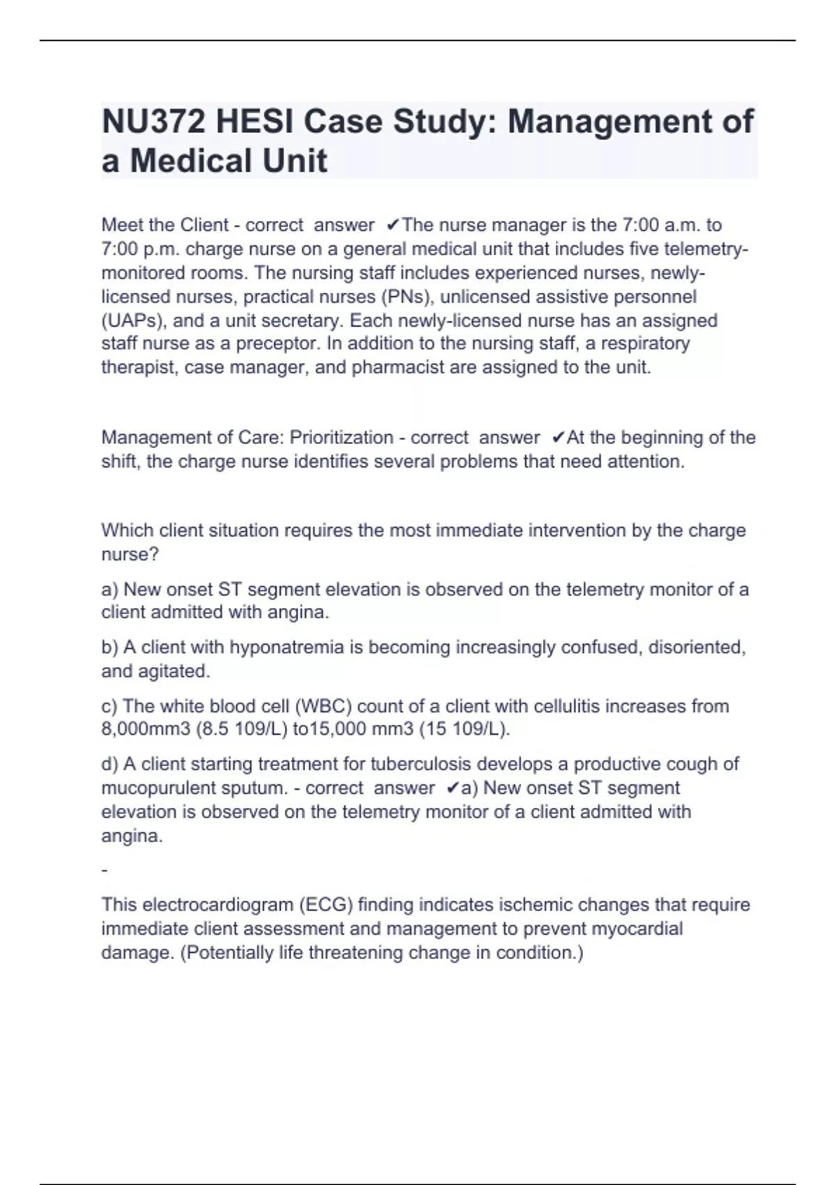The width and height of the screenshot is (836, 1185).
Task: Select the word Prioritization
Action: (341, 438)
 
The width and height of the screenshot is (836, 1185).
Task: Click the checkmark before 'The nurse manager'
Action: (393, 225)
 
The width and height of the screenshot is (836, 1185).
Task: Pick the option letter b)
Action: (110, 648)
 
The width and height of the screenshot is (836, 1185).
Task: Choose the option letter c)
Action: (109, 706)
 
